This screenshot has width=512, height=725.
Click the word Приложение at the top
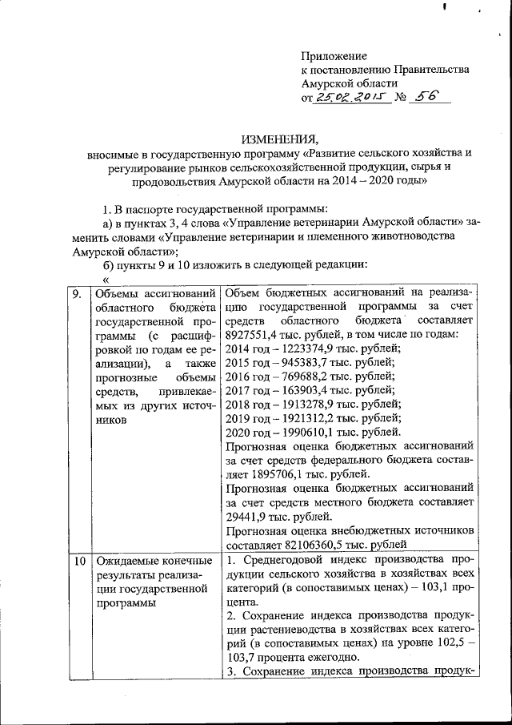tap(334, 56)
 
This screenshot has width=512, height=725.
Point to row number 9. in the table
tap(78, 294)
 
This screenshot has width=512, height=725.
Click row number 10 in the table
tap(79, 560)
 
